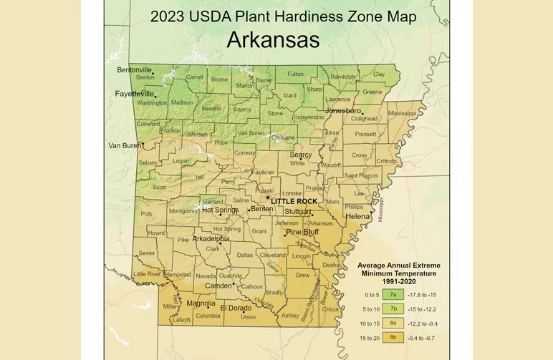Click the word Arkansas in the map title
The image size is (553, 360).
(273, 40)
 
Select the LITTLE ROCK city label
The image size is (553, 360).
(294, 201)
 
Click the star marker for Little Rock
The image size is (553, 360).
(268, 198)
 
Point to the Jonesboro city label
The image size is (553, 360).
(342, 111)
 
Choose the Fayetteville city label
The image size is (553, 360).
(135, 94)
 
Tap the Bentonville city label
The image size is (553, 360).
(135, 69)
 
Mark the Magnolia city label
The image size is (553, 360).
(201, 303)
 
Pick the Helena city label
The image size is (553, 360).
(358, 215)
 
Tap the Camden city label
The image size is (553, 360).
(218, 286)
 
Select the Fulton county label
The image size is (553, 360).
(295, 74)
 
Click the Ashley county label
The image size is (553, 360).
(290, 316)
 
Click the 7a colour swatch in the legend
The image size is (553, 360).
(393, 294)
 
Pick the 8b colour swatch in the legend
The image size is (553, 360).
(393, 337)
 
